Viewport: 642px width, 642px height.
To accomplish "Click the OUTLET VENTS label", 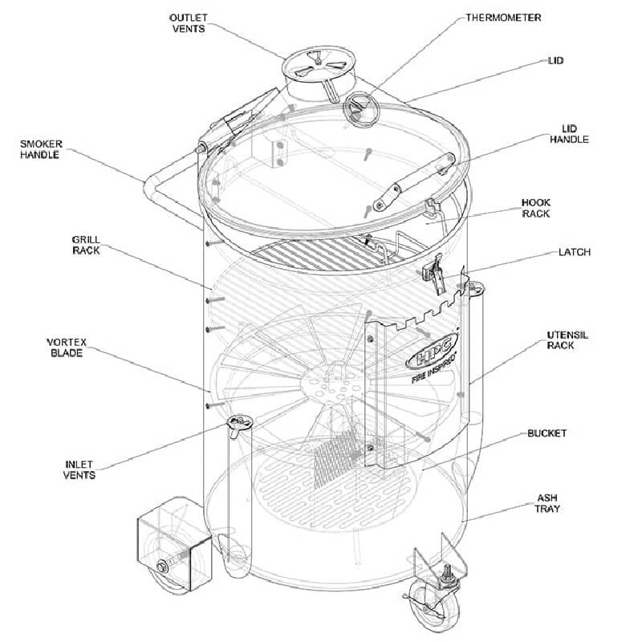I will tap(189, 22).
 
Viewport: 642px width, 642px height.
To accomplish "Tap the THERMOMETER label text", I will tap(503, 17).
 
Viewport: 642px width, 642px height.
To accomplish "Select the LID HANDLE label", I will tap(569, 133).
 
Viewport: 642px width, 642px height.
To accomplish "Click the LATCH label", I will tap(575, 252).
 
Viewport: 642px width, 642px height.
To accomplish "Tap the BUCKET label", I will tap(547, 433).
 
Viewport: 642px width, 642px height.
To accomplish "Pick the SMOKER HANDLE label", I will tap(40, 149).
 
